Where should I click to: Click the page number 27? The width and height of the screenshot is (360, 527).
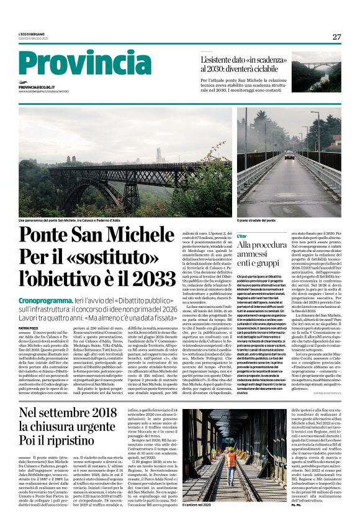pos(336,37)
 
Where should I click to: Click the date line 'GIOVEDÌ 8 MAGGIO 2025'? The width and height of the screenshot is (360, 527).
pos(34,38)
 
